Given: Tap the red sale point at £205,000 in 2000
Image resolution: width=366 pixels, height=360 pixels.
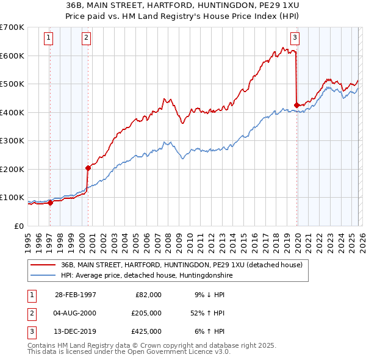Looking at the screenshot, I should tap(88, 167).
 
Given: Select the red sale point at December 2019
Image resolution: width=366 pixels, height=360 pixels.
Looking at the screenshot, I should tap(297, 105).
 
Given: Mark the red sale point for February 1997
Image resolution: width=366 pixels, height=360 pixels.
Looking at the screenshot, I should tap(51, 203).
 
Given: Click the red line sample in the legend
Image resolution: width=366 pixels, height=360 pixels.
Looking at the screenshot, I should tap(43, 265).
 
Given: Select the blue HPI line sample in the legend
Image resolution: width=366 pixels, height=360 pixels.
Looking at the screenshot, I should tap(43, 276).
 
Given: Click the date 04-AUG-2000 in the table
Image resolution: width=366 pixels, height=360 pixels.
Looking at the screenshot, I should tap(75, 313).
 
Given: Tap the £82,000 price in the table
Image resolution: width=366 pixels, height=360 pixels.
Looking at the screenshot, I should tap(148, 295).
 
